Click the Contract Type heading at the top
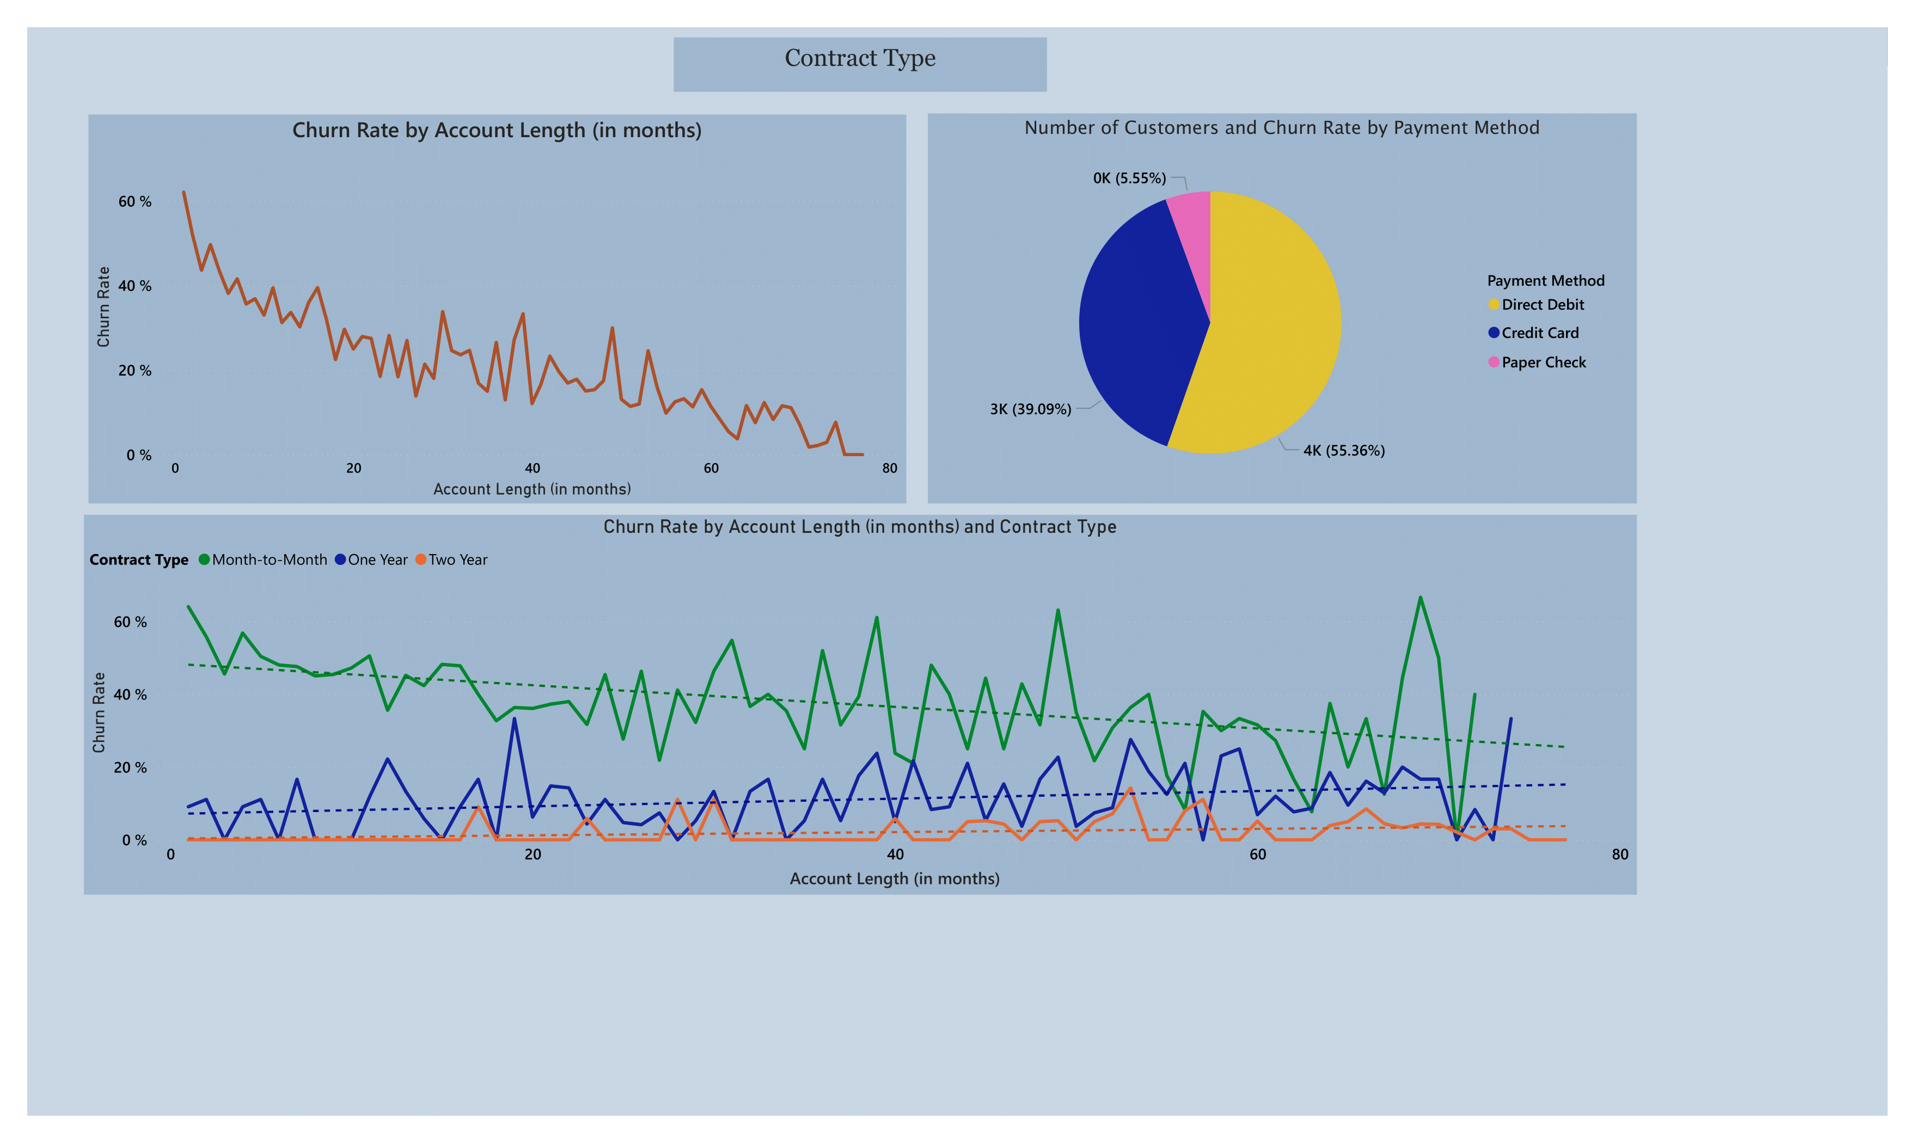860,59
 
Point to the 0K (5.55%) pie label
1129,179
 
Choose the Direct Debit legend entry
1542,305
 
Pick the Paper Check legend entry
1543,363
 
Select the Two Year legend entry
457,560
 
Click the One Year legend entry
377,560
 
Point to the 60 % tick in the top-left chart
135,202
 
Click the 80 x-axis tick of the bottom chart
1620,854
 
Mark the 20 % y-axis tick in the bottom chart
130,768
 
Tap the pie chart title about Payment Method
1281,128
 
